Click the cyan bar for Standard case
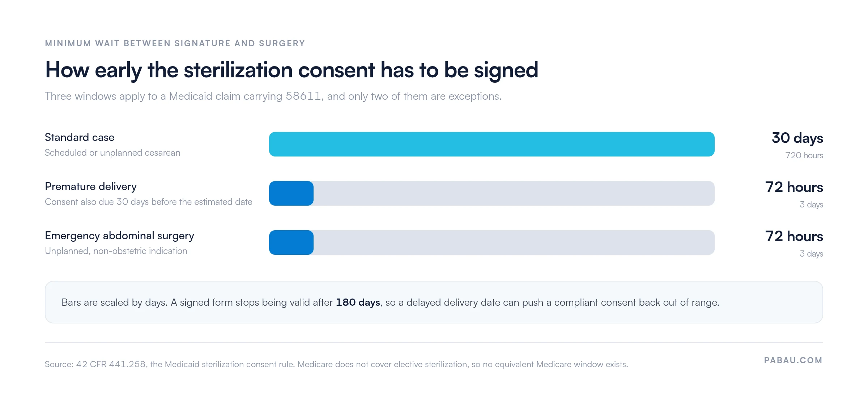[492, 144]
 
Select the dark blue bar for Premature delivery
[291, 193]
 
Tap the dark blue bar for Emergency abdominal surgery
[291, 243]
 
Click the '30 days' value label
[797, 138]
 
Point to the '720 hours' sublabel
[804, 155]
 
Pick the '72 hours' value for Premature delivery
[794, 187]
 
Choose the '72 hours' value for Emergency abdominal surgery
[794, 236]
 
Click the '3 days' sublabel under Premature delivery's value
[811, 205]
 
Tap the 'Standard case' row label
[80, 137]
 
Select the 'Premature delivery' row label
[91, 186]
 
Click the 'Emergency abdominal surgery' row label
[119, 236]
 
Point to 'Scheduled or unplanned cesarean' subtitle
[112, 153]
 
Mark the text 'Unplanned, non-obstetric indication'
[116, 251]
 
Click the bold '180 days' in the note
[358, 302]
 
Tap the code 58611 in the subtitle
[303, 96]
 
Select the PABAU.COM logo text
[793, 360]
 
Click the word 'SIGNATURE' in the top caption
[203, 43]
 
